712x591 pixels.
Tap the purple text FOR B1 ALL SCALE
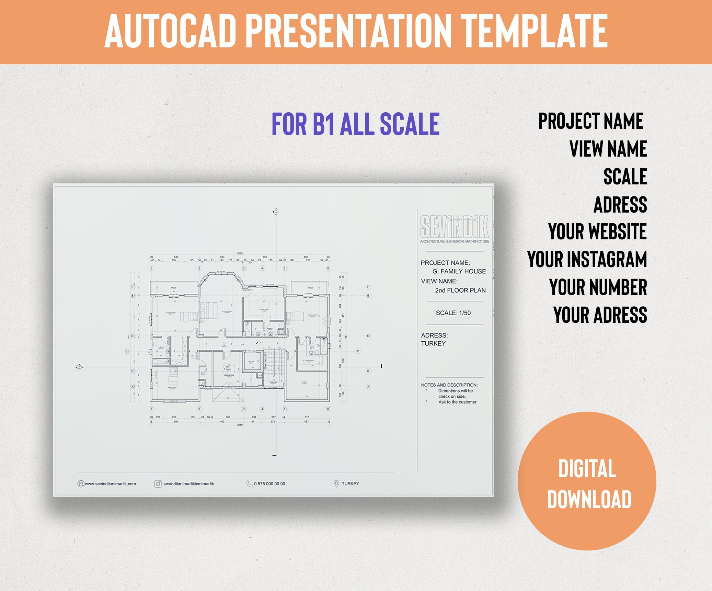point(355,124)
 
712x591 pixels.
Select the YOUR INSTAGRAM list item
point(587,259)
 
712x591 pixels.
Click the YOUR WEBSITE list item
point(597,231)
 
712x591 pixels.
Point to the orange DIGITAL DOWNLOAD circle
point(587,481)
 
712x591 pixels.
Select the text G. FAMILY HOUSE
point(459,271)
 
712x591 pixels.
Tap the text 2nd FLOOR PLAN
point(460,290)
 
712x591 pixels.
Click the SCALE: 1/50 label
point(453,313)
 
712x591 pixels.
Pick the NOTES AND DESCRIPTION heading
point(449,385)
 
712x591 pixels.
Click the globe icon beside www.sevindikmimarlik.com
point(81,484)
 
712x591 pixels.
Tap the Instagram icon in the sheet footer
point(158,484)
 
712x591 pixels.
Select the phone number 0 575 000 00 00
point(269,484)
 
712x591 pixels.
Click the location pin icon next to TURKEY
point(336,484)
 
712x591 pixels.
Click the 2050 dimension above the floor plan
point(240,253)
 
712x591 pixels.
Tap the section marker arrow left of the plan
point(79,367)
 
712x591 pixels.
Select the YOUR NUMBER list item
point(598,287)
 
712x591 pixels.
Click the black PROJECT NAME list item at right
point(590,121)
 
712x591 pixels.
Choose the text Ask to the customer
point(457,402)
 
